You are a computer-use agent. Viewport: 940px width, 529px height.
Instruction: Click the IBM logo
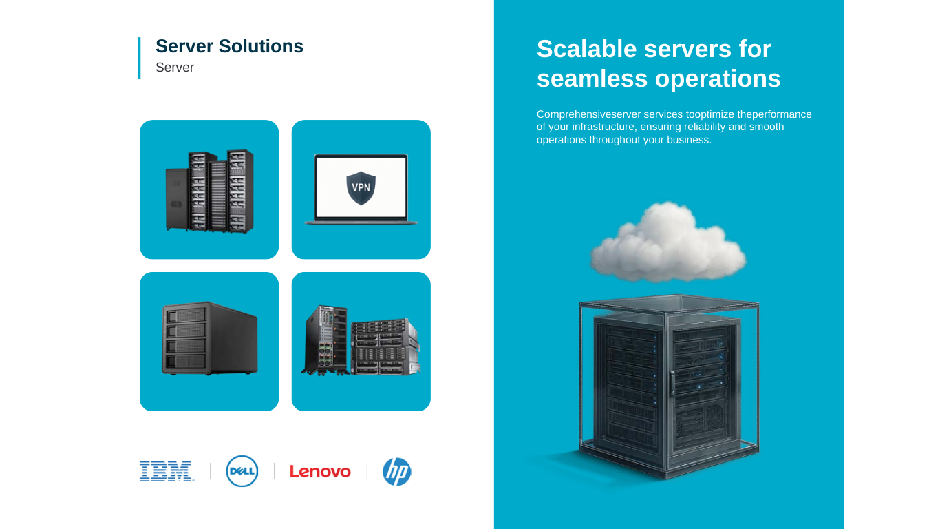click(167, 471)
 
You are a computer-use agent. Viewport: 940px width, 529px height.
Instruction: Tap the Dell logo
click(242, 471)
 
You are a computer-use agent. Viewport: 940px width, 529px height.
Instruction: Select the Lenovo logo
click(320, 472)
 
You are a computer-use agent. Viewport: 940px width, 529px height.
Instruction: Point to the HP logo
click(397, 472)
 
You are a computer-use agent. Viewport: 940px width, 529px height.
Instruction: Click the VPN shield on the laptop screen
click(361, 188)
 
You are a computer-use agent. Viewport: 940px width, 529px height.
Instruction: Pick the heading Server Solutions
click(229, 46)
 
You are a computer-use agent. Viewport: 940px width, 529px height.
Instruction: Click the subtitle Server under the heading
click(175, 68)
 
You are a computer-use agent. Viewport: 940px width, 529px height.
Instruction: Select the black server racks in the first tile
click(209, 190)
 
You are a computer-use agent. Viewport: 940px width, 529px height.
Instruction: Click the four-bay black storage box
click(209, 338)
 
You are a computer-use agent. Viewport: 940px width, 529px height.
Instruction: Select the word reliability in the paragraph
click(698, 127)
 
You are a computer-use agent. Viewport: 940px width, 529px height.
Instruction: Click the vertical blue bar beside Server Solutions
click(139, 58)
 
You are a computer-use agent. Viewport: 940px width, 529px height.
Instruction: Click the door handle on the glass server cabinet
click(672, 382)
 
